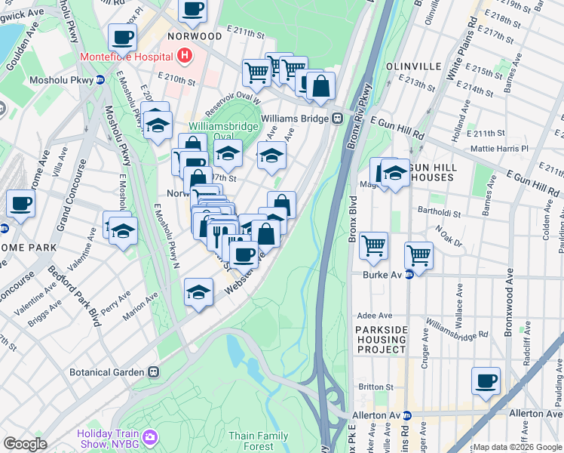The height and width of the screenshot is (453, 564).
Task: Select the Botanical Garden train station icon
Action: tap(154, 371)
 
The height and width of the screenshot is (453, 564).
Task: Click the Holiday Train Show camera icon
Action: tap(150, 437)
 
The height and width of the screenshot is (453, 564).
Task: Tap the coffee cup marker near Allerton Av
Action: tap(486, 381)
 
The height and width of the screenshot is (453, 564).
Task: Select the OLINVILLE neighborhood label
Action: tap(413, 66)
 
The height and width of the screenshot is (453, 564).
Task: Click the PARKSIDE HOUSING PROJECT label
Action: tap(382, 340)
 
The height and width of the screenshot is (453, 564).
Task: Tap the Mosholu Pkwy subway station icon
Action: tap(100, 80)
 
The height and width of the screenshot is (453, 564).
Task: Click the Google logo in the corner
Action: tap(26, 444)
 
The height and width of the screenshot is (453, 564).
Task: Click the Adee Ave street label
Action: tap(376, 316)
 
